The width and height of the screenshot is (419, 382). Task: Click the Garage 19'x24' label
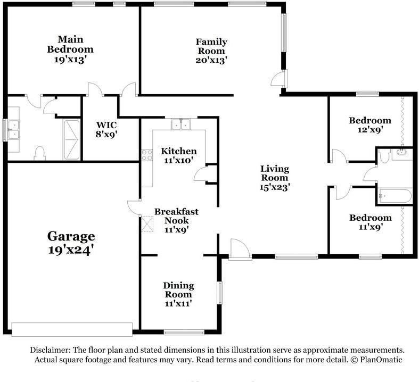[x=71, y=243]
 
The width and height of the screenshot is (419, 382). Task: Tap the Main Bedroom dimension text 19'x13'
[x=70, y=59]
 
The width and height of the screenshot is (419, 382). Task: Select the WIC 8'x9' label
[x=106, y=129]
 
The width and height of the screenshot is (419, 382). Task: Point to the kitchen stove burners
[x=147, y=155]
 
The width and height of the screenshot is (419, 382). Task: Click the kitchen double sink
[x=181, y=124]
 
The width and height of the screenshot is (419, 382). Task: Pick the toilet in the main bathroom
[x=40, y=153]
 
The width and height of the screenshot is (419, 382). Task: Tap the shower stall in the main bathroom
[x=71, y=140]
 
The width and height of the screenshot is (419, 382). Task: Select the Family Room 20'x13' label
[x=211, y=51]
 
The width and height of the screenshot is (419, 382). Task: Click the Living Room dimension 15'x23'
[x=275, y=187]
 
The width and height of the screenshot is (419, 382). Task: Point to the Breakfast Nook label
[x=177, y=216]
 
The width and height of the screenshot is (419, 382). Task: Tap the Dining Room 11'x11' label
[x=178, y=294]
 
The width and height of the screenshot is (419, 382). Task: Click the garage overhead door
[x=72, y=329]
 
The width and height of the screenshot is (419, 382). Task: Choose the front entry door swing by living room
[x=240, y=249]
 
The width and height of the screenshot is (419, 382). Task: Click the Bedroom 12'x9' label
[x=370, y=124]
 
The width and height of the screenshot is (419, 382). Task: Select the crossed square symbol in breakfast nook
[x=147, y=223]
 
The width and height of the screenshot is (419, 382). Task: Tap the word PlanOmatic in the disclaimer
[x=381, y=359]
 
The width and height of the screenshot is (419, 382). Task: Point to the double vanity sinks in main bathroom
[x=13, y=129]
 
